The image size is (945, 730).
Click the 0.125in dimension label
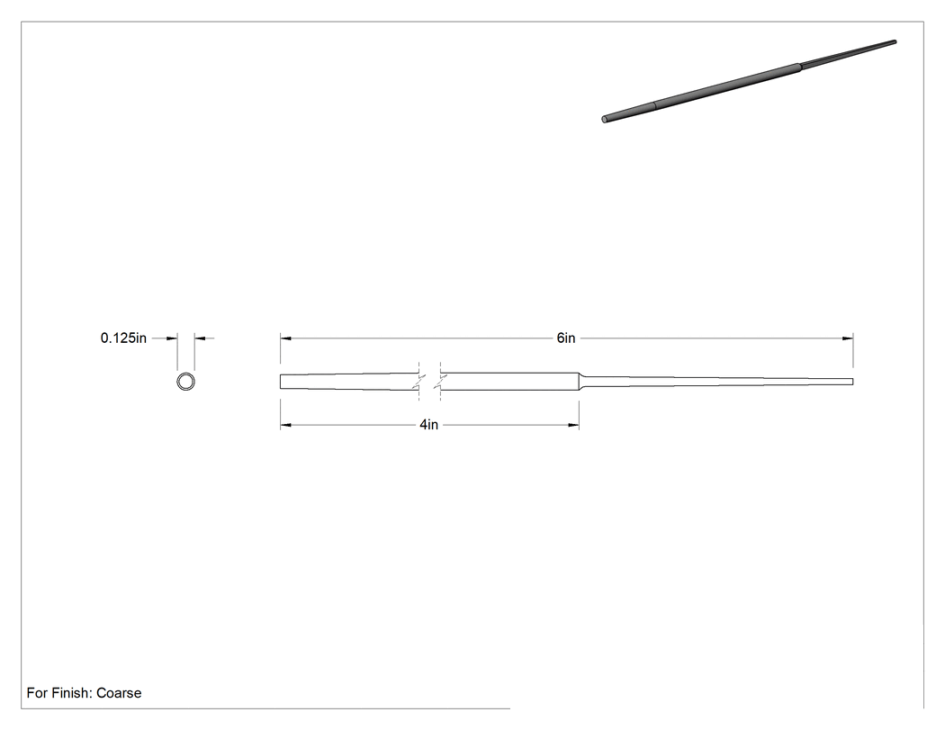[123, 338]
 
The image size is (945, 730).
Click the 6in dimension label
[566, 338]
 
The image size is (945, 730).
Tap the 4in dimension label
[429, 425]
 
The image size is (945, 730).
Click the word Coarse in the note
[119, 693]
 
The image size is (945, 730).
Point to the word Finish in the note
[70, 693]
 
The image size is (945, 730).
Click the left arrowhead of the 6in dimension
[285, 338]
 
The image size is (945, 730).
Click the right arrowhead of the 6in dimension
[848, 338]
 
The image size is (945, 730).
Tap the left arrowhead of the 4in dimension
[285, 425]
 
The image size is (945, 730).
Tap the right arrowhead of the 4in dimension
[573, 425]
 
